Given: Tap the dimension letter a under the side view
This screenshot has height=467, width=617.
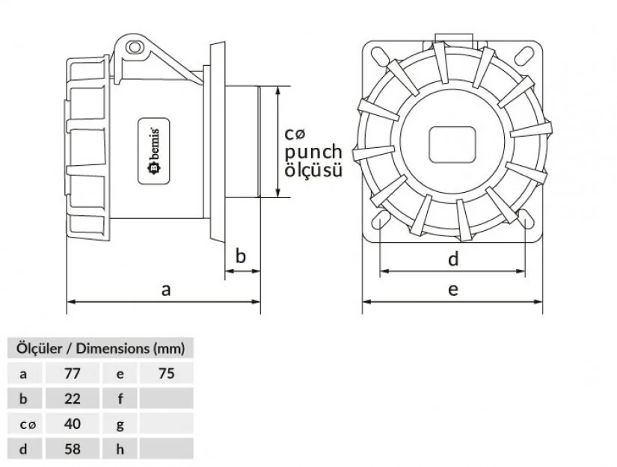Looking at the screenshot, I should click(166, 290).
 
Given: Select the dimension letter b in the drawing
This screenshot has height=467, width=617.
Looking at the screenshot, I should click(241, 256).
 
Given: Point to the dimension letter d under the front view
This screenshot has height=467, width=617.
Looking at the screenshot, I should click(453, 259).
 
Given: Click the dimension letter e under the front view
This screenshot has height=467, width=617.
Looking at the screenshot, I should click(453, 290).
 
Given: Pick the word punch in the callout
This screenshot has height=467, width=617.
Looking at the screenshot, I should click(313, 152).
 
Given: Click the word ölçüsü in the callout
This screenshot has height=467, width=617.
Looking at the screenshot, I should click(313, 170).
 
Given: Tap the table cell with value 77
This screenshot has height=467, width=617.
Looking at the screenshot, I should click(72, 373).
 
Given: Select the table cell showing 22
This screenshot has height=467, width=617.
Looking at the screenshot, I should click(72, 398).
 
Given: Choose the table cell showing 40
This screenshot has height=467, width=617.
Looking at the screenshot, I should click(72, 424).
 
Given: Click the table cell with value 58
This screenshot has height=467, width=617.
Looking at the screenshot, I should click(72, 449).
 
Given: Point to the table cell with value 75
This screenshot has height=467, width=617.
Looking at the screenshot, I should click(166, 373).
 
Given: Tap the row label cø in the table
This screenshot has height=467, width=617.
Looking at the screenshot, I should click(26, 424).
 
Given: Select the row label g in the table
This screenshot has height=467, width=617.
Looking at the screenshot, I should click(120, 424).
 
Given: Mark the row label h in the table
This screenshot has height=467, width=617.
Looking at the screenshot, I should click(120, 449).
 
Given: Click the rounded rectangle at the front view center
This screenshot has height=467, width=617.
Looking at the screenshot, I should click(453, 144).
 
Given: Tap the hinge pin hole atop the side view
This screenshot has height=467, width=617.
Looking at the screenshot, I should click(135, 49).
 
